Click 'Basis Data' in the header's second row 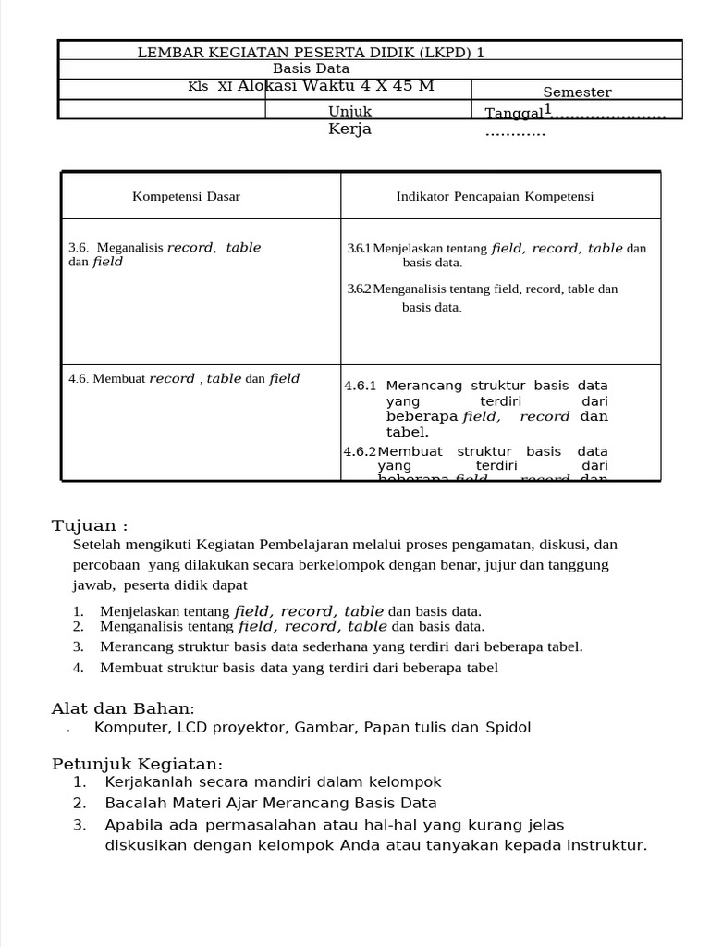[x=312, y=68]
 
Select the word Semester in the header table [x=577, y=92]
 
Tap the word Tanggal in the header [x=514, y=114]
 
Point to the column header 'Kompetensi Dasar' [x=186, y=196]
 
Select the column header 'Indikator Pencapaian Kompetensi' [x=495, y=196]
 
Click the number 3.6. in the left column [x=79, y=248]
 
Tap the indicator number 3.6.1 [x=359, y=249]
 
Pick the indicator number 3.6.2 [x=359, y=289]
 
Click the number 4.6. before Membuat [x=79, y=379]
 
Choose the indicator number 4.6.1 [x=361, y=386]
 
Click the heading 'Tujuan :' [x=90, y=526]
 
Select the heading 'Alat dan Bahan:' [x=123, y=708]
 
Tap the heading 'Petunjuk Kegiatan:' [x=137, y=764]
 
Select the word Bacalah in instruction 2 [x=135, y=804]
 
